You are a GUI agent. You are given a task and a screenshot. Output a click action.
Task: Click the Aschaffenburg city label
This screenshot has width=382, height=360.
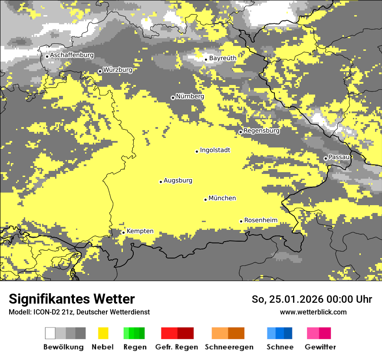click(72, 56)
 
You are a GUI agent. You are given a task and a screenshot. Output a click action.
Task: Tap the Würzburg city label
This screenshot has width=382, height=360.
click(118, 70)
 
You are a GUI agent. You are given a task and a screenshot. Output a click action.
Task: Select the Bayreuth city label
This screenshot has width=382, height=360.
click(223, 58)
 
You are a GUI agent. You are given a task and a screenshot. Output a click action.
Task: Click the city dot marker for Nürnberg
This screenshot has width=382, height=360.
click(173, 98)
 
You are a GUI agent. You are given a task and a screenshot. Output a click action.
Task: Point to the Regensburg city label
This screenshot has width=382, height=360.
click(261, 131)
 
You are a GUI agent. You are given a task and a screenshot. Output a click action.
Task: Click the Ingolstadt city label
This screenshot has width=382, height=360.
click(215, 150)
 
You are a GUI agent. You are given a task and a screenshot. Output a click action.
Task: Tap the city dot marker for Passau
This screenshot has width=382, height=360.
click(326, 158)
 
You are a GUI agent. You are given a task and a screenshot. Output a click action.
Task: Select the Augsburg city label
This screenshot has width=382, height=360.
click(178, 180)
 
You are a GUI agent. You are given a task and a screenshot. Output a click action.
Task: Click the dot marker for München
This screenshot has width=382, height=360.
click(205, 200)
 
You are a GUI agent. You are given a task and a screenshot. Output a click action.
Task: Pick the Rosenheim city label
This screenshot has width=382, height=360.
click(260, 220)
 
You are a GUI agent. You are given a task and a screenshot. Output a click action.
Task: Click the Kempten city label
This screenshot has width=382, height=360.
click(140, 231)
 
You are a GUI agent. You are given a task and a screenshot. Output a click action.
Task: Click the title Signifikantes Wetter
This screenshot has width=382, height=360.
click(72, 299)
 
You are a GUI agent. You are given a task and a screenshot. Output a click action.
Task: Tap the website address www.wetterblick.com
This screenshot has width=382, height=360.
click(313, 312)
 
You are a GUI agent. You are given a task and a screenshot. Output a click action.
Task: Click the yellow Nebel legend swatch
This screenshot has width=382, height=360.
click(103, 333)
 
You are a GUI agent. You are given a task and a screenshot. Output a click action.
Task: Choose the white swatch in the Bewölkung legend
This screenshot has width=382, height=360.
click(50, 333)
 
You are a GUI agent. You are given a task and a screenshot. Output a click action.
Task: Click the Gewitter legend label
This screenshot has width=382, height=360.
click(320, 347)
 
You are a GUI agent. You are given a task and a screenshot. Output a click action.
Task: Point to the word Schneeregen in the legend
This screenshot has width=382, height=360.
click(229, 347)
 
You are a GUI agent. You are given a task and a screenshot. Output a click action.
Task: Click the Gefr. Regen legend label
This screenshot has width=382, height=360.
click(176, 347)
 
